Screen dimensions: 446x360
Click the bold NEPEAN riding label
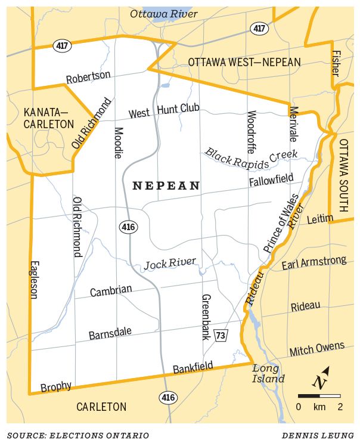click(x=166, y=186)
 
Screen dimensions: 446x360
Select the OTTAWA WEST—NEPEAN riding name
click(x=244, y=63)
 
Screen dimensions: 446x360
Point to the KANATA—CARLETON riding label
click(x=49, y=118)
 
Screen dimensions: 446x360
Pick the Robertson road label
click(x=88, y=77)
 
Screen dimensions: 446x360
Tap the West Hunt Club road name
click(x=164, y=110)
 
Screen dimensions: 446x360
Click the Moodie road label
click(x=118, y=142)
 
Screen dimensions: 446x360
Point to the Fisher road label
click(x=336, y=62)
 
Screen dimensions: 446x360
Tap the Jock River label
click(x=169, y=263)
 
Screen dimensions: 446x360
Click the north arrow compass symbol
click(x=321, y=379)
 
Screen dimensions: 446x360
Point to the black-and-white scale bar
click(x=319, y=395)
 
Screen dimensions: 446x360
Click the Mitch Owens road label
click(x=316, y=349)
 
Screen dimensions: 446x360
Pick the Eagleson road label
click(x=33, y=279)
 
